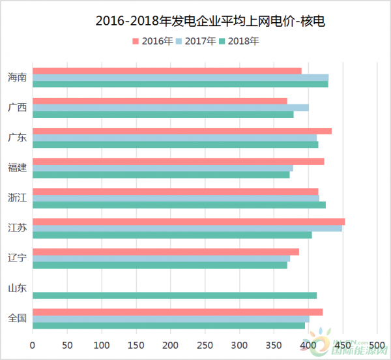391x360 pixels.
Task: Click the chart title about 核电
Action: [x=210, y=22]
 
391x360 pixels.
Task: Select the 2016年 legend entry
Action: [x=153, y=40]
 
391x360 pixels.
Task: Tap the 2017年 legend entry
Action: [x=196, y=40]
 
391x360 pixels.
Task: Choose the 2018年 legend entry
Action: [x=239, y=40]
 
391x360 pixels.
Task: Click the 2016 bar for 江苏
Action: [x=188, y=222]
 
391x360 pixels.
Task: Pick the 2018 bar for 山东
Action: [x=175, y=295]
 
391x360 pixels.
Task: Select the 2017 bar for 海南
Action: [x=181, y=78]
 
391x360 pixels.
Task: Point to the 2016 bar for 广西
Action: [x=160, y=100]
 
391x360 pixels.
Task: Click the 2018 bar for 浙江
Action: [x=179, y=205]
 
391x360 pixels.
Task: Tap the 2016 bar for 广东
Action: [x=182, y=131]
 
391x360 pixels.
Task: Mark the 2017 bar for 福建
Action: [x=163, y=168]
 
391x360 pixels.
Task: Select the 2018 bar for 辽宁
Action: [x=160, y=265]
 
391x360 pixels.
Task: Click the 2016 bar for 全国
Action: [x=177, y=312]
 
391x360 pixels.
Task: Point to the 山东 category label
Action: [x=17, y=288]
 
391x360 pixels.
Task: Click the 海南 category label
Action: [x=17, y=78]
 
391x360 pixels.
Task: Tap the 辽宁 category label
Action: [x=17, y=258]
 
